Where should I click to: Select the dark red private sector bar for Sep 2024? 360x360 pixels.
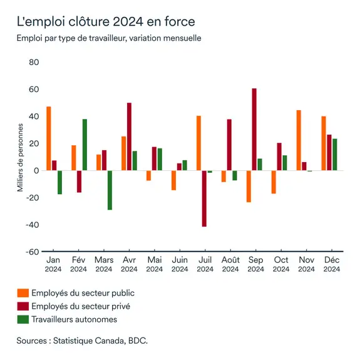(x=254, y=129)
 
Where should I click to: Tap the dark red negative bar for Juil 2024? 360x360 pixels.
(x=204, y=198)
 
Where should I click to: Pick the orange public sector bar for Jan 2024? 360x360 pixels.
(x=48, y=138)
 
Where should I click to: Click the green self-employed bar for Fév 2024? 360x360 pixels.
(x=85, y=145)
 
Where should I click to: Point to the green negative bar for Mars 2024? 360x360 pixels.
(x=110, y=190)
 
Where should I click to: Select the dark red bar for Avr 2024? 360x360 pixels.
(x=129, y=136)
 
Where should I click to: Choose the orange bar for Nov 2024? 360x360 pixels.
(x=299, y=140)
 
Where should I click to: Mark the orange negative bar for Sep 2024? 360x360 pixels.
(x=249, y=186)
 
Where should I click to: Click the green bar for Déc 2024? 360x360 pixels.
(x=335, y=155)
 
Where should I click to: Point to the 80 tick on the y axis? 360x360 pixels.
(x=34, y=63)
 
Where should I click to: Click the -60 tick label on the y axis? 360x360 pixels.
(x=31, y=252)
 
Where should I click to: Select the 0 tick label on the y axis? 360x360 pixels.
(x=36, y=171)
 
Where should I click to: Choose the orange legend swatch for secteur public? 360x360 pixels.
(x=23, y=292)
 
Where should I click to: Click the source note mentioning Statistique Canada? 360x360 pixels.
(x=82, y=341)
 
